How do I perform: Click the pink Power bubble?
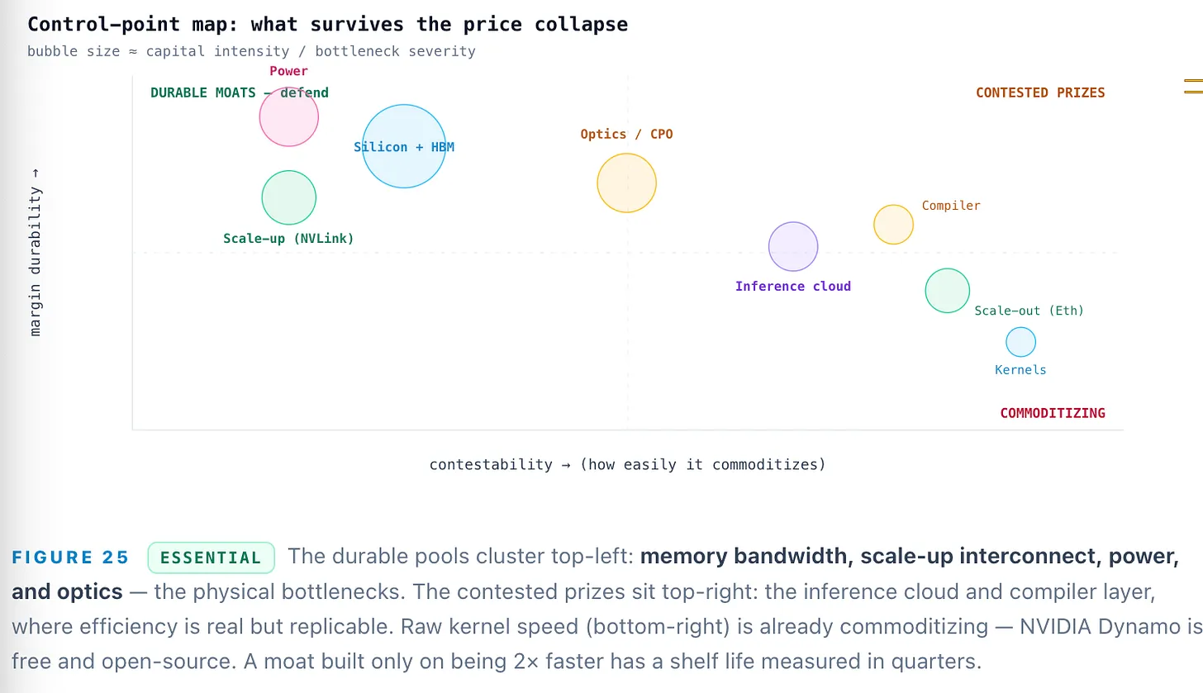tap(289, 116)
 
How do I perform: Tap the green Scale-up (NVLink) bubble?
tap(289, 197)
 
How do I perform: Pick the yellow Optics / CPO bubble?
tap(627, 183)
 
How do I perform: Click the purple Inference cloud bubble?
tap(793, 246)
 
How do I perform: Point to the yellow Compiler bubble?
tap(894, 225)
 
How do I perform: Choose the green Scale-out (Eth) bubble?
tap(948, 291)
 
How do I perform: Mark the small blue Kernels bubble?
tap(1021, 342)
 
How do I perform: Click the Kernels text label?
tap(1020, 370)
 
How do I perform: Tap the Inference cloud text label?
tap(792, 286)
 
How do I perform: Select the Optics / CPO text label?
tap(626, 134)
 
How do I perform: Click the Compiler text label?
tap(951, 206)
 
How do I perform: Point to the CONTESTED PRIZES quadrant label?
tap(1040, 93)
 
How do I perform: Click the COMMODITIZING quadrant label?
tap(1053, 413)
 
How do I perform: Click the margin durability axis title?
tap(35, 252)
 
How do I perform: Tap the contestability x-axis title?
tap(627, 464)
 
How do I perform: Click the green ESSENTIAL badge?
tap(211, 558)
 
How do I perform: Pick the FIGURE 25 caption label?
tap(70, 558)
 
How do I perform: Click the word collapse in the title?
tap(581, 24)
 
